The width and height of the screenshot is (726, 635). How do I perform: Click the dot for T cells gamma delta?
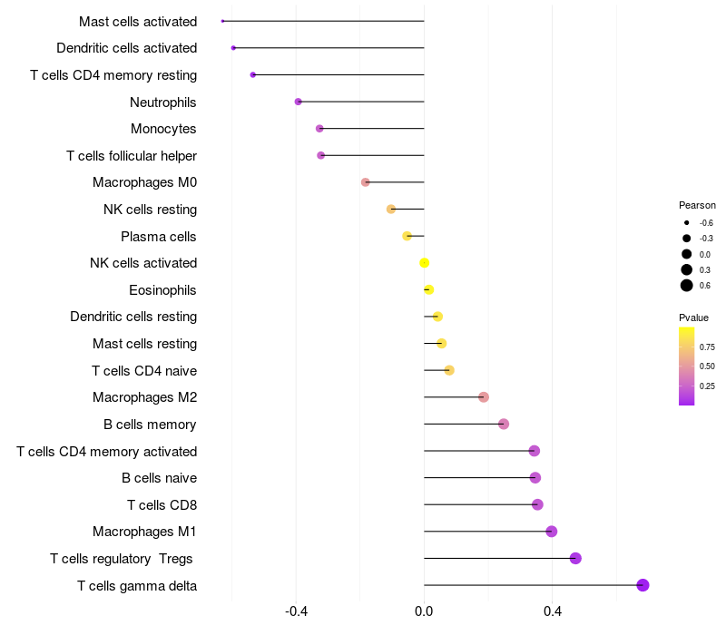[643, 585]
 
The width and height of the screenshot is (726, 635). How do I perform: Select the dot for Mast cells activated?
[222, 21]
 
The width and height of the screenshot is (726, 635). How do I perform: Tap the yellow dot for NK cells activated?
[424, 263]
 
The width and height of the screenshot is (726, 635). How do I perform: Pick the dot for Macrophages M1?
[551, 532]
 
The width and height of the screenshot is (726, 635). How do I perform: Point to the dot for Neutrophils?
[299, 102]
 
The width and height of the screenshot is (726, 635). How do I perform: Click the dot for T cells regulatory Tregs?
[575, 558]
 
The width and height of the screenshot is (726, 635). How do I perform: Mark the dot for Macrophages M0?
[366, 182]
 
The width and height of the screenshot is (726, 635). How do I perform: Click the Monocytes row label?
[163, 129]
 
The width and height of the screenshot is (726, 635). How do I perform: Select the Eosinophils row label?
[163, 290]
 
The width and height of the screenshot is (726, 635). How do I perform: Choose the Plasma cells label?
[159, 237]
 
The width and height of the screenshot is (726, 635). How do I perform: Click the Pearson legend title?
[697, 205]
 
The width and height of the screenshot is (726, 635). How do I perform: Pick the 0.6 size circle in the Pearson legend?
[687, 286]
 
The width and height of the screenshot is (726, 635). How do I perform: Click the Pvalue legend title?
[693, 317]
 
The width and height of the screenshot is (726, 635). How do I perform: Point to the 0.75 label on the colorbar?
[707, 347]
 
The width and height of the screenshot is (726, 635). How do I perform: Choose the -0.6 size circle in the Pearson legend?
[687, 222]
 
